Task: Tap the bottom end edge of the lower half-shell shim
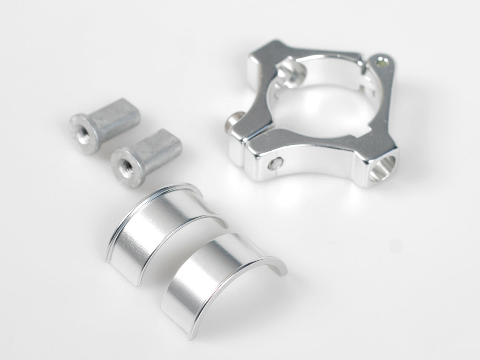pos(176,324)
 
